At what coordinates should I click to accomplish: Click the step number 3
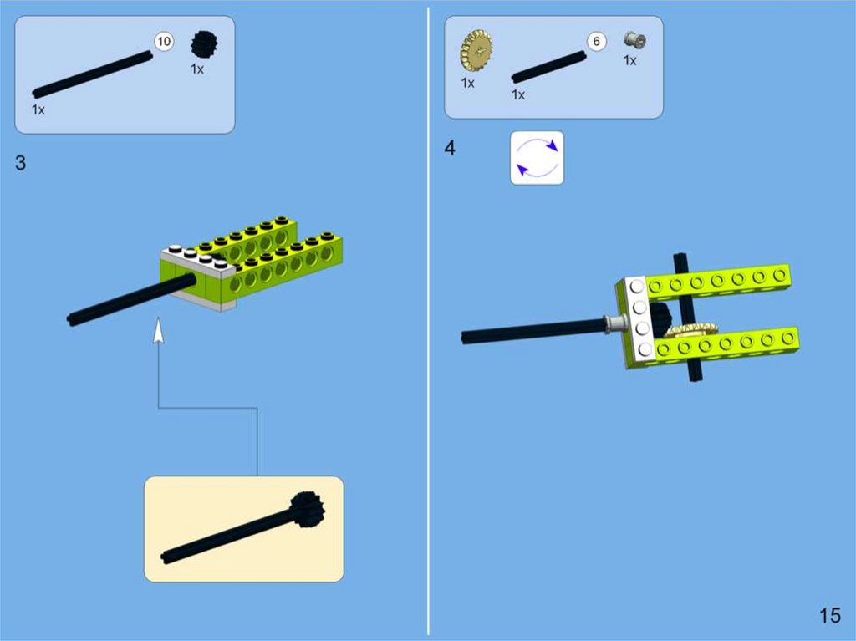point(20,163)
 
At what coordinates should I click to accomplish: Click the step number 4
point(450,148)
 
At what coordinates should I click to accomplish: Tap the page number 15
point(830,616)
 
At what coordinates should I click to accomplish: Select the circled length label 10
point(164,42)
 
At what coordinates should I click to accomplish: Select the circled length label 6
point(597,42)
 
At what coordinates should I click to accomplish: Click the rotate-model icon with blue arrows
point(538,158)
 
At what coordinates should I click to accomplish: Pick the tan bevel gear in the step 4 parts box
point(476,51)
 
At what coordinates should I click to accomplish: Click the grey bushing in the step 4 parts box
point(634,40)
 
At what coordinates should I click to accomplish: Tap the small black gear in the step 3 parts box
point(204,44)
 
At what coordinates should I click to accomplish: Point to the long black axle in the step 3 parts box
point(92,75)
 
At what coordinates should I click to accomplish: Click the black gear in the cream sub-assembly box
point(308,510)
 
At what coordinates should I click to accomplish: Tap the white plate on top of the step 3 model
point(197,260)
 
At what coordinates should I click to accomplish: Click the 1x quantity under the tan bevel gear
point(468,83)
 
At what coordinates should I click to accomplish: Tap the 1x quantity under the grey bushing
point(630,61)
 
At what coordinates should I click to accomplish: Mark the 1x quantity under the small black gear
point(197,69)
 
